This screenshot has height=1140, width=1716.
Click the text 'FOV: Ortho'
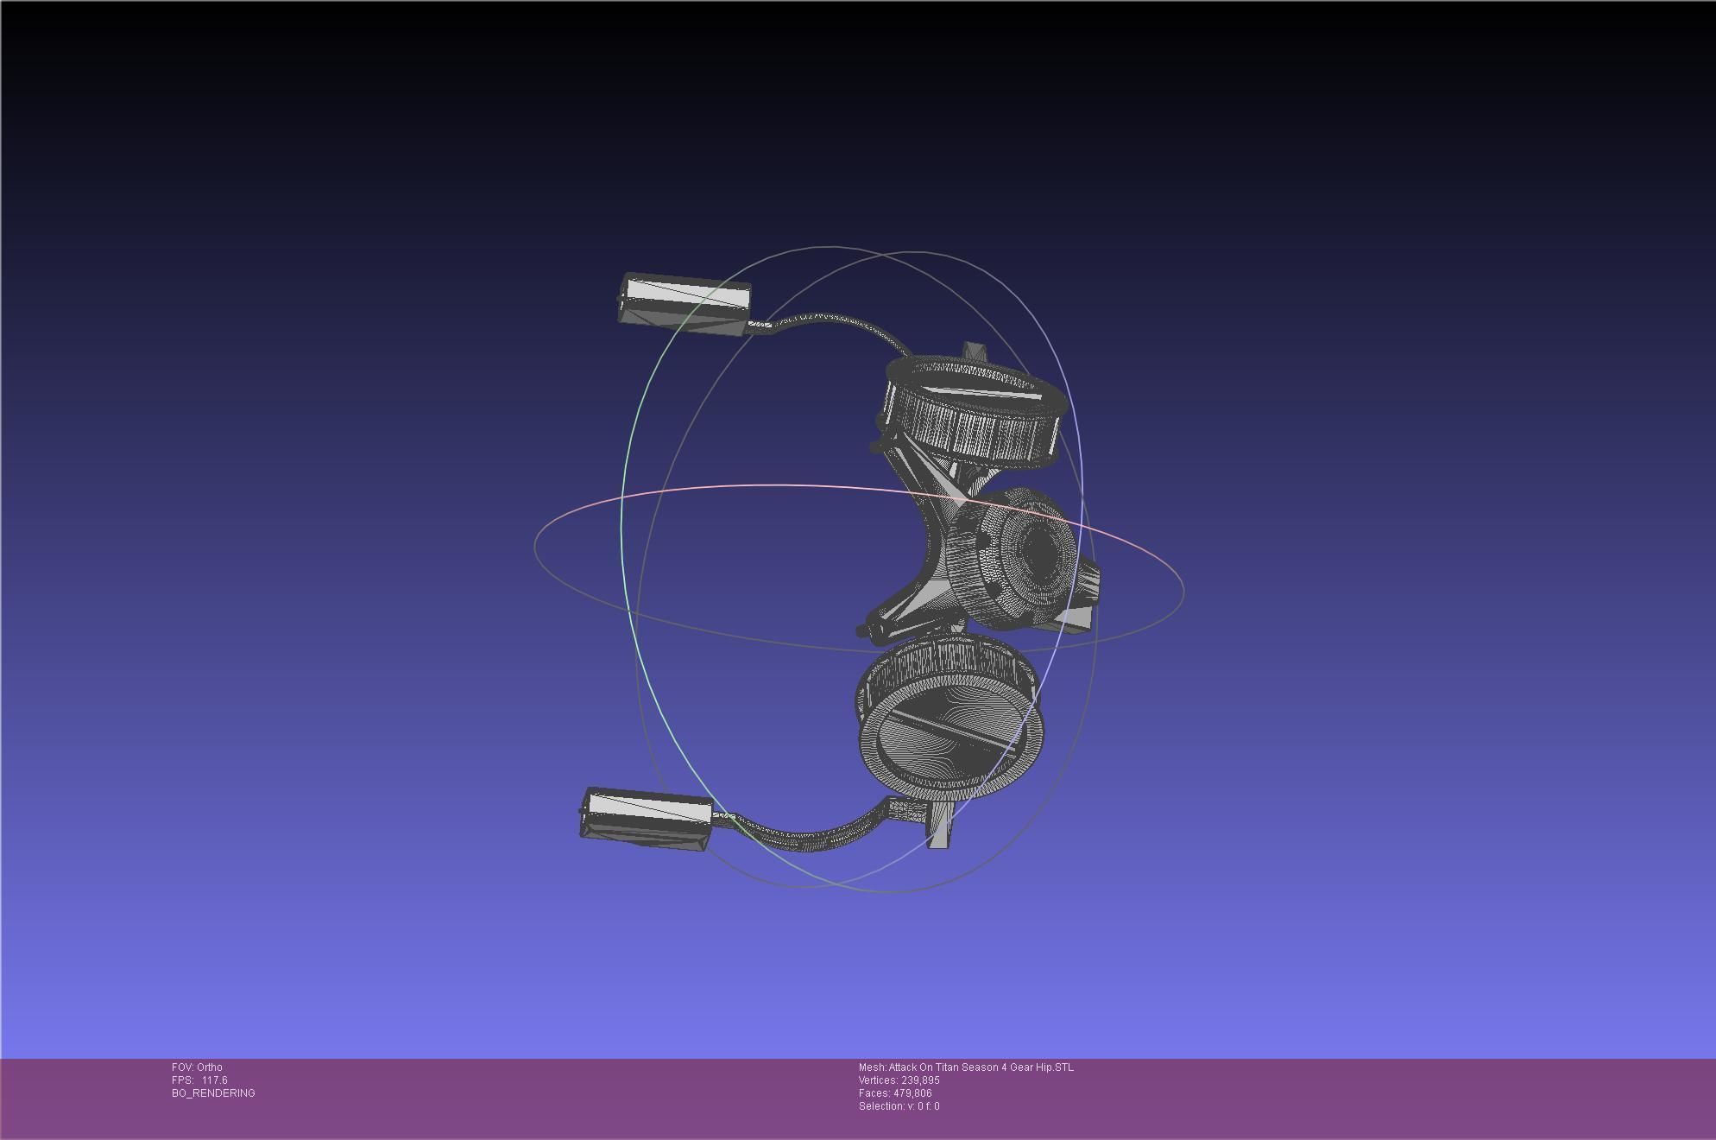[x=197, y=1067]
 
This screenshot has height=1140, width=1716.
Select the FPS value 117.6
[x=214, y=1080]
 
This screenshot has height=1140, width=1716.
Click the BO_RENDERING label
[x=213, y=1093]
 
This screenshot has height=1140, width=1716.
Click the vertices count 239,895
[x=918, y=1080]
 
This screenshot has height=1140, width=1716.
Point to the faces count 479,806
[x=911, y=1093]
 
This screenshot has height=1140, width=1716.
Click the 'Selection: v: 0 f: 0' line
[x=899, y=1106]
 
